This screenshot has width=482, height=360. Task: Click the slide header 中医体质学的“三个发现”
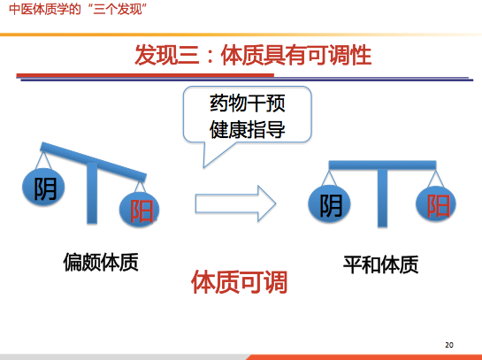click(x=78, y=9)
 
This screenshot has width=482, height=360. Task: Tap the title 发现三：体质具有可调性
click(x=253, y=56)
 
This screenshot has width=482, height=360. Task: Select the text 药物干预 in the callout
click(x=248, y=103)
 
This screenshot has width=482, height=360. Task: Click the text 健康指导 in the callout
click(x=248, y=129)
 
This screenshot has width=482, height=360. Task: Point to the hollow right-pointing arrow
click(x=235, y=203)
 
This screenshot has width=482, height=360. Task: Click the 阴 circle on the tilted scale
click(x=43, y=187)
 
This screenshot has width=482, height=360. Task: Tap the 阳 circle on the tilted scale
click(x=139, y=210)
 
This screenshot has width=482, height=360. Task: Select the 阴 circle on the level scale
click(x=329, y=203)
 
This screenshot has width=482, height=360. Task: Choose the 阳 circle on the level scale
click(x=436, y=203)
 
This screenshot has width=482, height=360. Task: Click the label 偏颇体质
click(x=101, y=262)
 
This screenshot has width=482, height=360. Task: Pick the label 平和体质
click(x=380, y=264)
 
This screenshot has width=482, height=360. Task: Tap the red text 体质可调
click(x=239, y=282)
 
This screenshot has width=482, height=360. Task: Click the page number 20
click(x=449, y=345)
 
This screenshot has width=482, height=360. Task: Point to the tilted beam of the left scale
click(x=94, y=162)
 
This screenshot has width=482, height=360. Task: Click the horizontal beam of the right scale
click(x=382, y=165)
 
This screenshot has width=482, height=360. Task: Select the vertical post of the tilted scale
click(x=92, y=193)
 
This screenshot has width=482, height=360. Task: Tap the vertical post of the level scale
click(x=382, y=198)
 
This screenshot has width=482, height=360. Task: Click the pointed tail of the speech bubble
click(x=203, y=167)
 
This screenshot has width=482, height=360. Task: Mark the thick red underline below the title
click(x=145, y=75)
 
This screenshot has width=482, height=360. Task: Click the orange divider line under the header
click(x=241, y=34)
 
